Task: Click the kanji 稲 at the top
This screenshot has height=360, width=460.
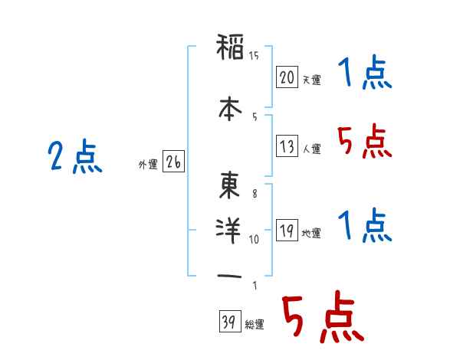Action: tap(230, 47)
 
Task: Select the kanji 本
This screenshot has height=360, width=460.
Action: tap(230, 109)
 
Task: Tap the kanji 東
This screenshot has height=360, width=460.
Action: tap(229, 185)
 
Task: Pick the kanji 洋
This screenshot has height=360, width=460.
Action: tap(228, 231)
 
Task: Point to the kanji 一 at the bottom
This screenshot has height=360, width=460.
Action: tap(229, 277)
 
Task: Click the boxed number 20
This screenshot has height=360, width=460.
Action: tap(287, 77)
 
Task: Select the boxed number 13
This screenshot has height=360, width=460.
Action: tap(287, 146)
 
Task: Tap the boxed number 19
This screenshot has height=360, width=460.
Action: tap(287, 230)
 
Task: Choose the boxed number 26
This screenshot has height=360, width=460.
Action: tap(173, 162)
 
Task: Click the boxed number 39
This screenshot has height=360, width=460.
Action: tap(230, 321)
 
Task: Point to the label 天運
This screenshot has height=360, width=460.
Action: tap(311, 80)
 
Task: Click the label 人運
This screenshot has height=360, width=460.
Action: tap(311, 149)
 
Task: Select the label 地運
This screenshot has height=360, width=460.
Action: tap(311, 234)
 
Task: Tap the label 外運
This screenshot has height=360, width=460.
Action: tap(148, 165)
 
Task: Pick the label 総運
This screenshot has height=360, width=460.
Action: tap(254, 325)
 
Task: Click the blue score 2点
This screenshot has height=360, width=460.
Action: tap(75, 156)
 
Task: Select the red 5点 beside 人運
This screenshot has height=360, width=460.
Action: tap(364, 141)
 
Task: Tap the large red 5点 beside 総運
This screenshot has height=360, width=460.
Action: tap(324, 316)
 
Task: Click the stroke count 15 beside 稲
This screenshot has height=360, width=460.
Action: tap(254, 56)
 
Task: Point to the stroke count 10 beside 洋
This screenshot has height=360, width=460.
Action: tap(254, 240)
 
